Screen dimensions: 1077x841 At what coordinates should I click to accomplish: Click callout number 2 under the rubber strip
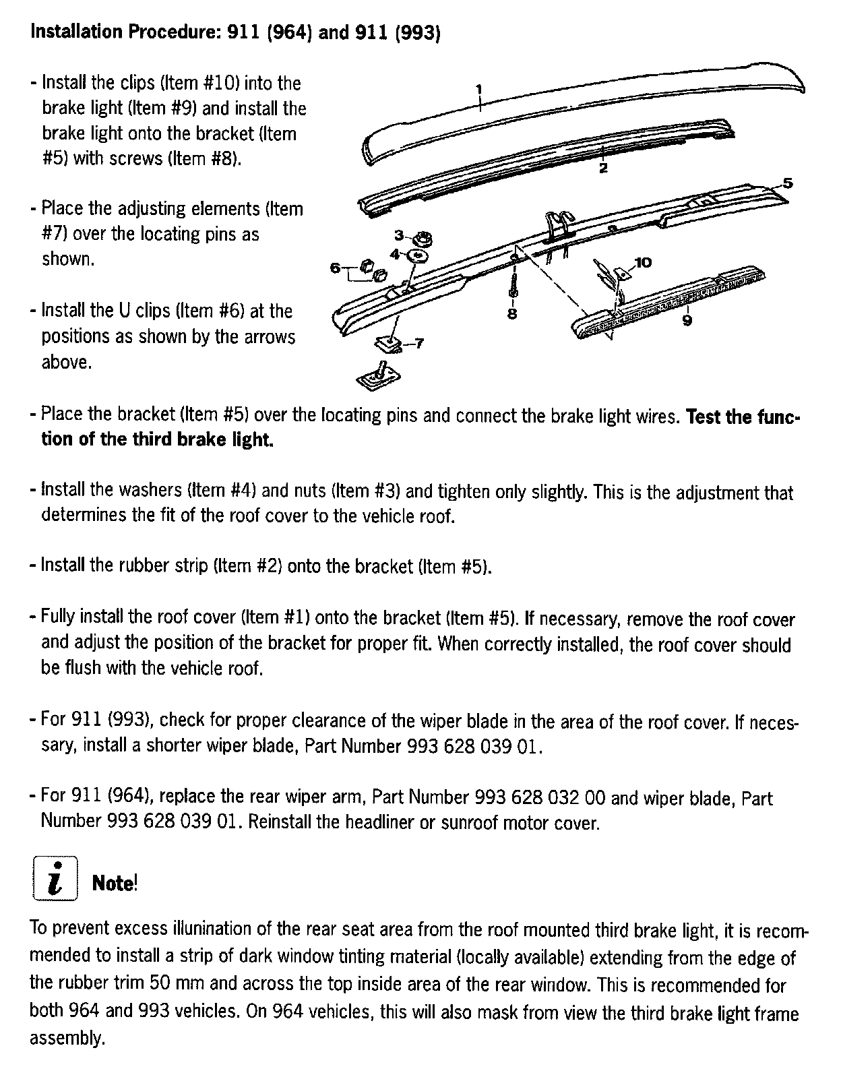point(603,168)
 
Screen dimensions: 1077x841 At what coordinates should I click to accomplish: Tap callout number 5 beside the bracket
point(788,183)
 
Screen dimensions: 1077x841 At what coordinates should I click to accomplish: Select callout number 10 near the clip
point(643,261)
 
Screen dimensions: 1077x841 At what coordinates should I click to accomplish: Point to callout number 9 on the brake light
point(687,321)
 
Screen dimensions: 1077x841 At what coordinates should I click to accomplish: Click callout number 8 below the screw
point(512,313)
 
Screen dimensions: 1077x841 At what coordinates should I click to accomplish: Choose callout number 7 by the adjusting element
point(418,344)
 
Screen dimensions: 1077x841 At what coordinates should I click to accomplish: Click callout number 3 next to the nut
point(399,235)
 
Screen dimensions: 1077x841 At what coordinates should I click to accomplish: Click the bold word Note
point(114,882)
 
